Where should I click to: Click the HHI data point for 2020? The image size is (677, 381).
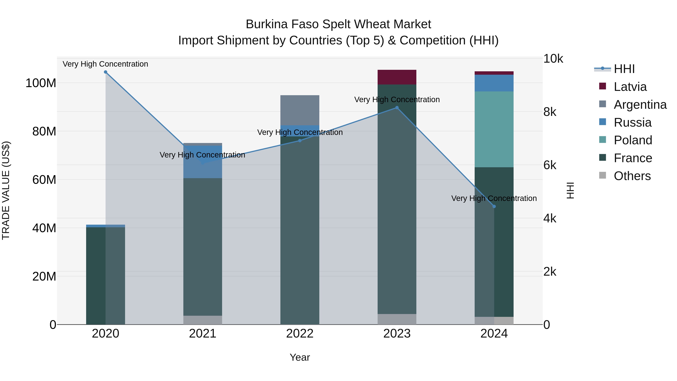(x=105, y=72)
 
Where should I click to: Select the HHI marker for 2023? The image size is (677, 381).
(x=397, y=108)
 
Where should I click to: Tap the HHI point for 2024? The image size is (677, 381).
(x=494, y=206)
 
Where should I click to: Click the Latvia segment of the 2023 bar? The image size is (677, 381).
(x=397, y=77)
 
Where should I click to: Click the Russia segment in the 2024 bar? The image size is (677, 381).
(x=494, y=83)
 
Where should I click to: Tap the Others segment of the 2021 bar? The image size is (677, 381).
(x=203, y=320)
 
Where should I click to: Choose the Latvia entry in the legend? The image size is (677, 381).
(x=630, y=87)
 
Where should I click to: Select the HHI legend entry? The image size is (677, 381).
(x=624, y=69)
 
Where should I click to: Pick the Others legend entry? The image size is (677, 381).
(x=632, y=176)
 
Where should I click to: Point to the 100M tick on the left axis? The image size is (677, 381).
(x=41, y=83)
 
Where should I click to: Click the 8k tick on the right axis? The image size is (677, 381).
(x=550, y=112)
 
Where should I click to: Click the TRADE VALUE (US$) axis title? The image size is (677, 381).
(x=6, y=190)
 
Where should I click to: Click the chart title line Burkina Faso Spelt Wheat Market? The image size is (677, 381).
(x=338, y=24)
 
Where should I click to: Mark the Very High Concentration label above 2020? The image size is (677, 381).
(x=105, y=64)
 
